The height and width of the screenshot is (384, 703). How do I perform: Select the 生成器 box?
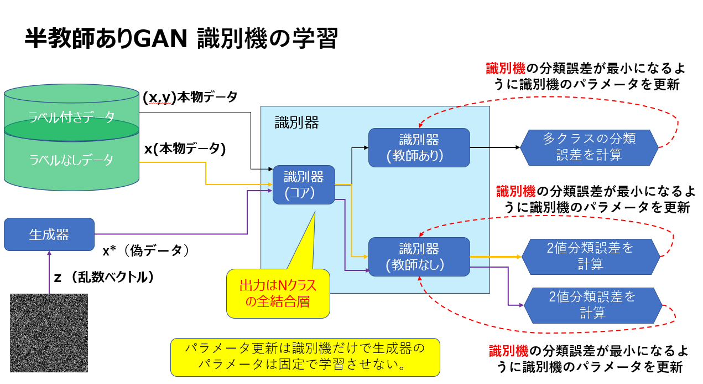coord(49,234)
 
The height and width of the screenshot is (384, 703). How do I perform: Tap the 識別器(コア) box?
coord(304,185)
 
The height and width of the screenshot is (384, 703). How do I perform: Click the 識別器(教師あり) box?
coord(419,147)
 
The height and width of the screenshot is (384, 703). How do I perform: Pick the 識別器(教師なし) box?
coord(419,257)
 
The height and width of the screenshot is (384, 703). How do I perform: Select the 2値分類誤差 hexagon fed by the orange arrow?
coord(590,255)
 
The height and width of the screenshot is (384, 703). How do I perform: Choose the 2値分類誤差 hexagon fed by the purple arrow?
coord(592,305)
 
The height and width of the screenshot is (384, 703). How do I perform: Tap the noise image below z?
coord(49,332)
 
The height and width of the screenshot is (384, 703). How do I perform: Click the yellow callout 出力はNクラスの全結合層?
coord(278,294)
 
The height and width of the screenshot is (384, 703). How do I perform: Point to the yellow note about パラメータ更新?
coord(305,357)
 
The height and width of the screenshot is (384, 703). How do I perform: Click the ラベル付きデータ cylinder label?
coord(72,117)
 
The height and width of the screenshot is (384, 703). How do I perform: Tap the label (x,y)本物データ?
coord(190,98)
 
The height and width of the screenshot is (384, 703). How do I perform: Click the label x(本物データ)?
coord(185,149)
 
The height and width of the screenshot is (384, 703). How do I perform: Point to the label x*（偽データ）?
coord(146,250)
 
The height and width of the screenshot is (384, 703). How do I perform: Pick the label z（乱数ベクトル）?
coord(103,277)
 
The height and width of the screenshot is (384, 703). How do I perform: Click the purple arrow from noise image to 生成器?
coord(49,272)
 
